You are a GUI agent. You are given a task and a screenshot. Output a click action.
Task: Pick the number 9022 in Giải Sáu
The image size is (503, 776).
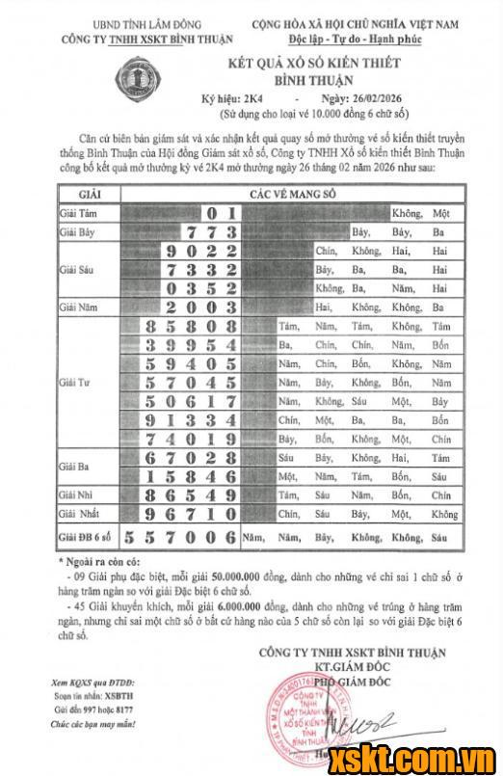pyautogui.click(x=200, y=250)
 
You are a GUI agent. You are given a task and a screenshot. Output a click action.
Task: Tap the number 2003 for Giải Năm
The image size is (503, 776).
pyautogui.click(x=200, y=307)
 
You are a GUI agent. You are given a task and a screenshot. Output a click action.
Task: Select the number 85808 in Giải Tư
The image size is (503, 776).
pyautogui.click(x=190, y=326)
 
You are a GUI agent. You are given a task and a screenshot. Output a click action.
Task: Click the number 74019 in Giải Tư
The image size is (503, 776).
pyautogui.click(x=190, y=438)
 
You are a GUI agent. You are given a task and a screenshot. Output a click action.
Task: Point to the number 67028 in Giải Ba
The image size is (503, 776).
pyautogui.click(x=190, y=457)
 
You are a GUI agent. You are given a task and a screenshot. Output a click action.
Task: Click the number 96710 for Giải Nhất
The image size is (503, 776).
pyautogui.click(x=190, y=514)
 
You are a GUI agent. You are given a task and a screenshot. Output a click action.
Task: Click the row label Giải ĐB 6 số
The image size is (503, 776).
pyautogui.click(x=86, y=537)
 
